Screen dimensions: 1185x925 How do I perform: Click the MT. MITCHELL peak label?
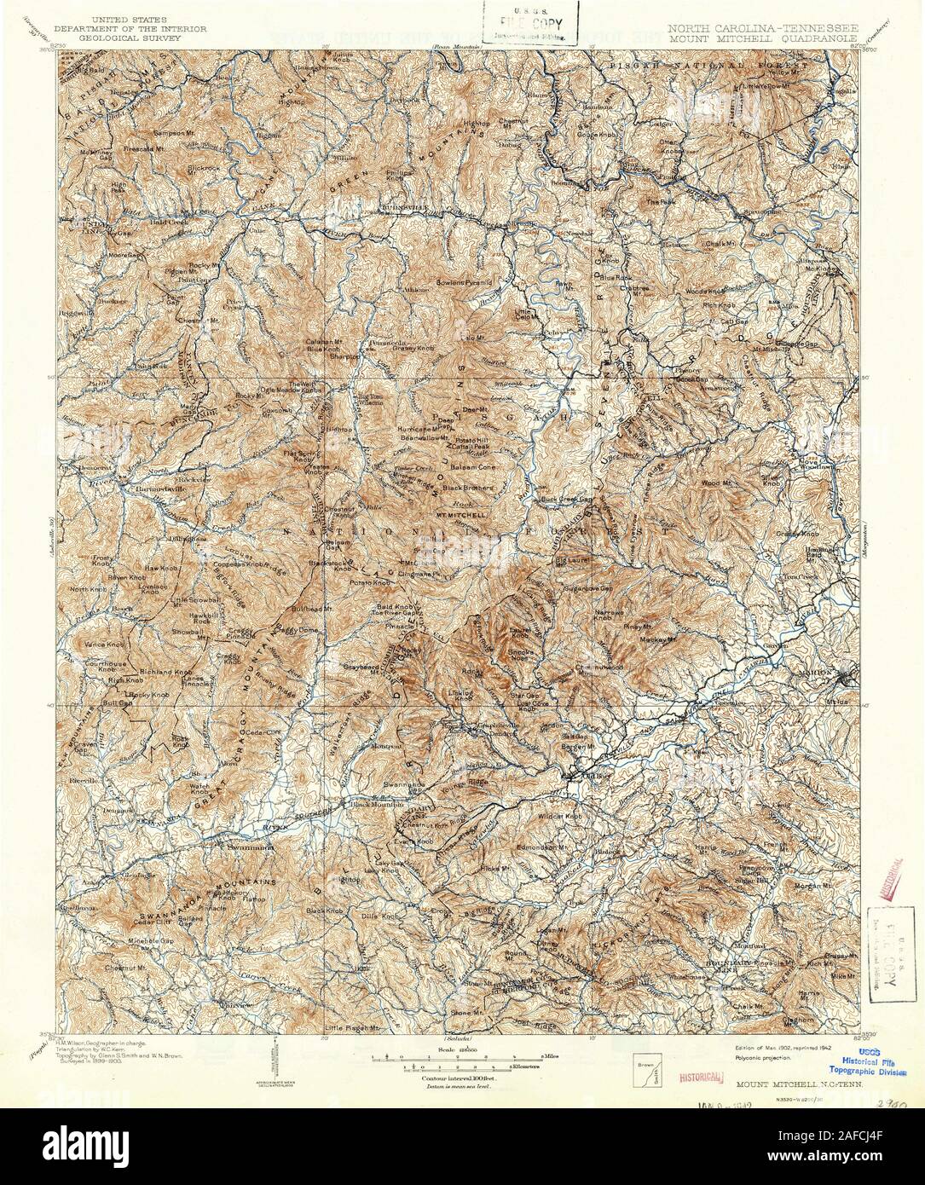461,515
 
